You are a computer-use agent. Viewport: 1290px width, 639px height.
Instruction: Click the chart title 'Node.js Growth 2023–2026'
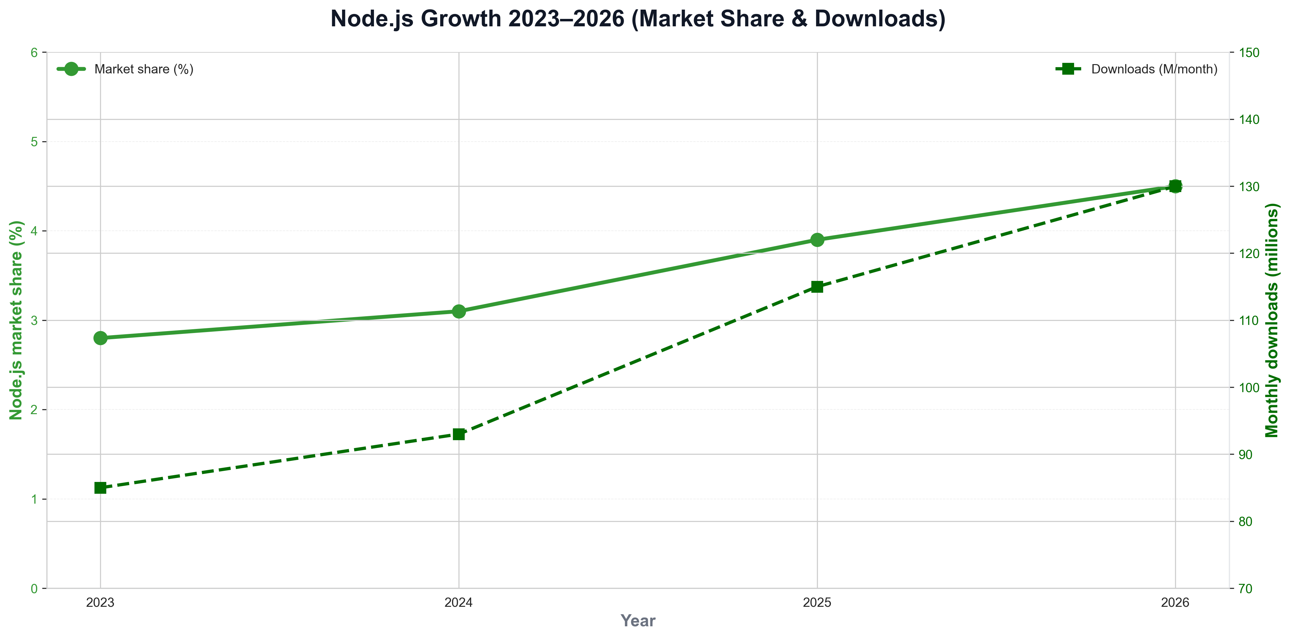click(x=638, y=19)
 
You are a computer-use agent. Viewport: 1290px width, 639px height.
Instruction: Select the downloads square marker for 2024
click(x=459, y=434)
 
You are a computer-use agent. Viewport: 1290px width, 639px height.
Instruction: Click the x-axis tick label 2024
click(x=459, y=602)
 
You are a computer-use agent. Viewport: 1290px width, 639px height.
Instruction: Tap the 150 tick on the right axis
click(x=1249, y=53)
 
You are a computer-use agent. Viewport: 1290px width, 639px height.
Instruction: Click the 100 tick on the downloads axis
click(x=1249, y=387)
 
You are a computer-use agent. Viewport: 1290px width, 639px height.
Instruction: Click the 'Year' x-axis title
click(x=638, y=621)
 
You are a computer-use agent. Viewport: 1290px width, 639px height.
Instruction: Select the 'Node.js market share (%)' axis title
click(x=16, y=321)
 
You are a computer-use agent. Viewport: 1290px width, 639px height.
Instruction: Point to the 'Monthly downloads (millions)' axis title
click(x=1272, y=321)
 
